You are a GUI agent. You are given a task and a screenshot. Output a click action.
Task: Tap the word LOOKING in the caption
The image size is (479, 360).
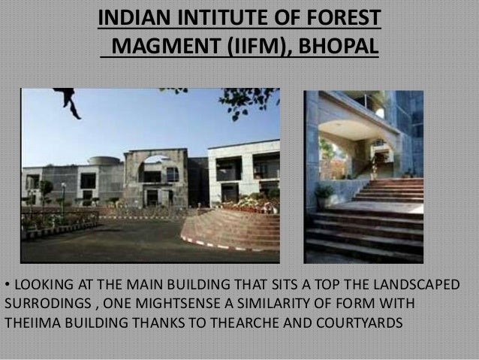coord(41,287)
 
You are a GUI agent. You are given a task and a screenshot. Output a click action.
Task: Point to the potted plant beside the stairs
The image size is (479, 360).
coord(325,195)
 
